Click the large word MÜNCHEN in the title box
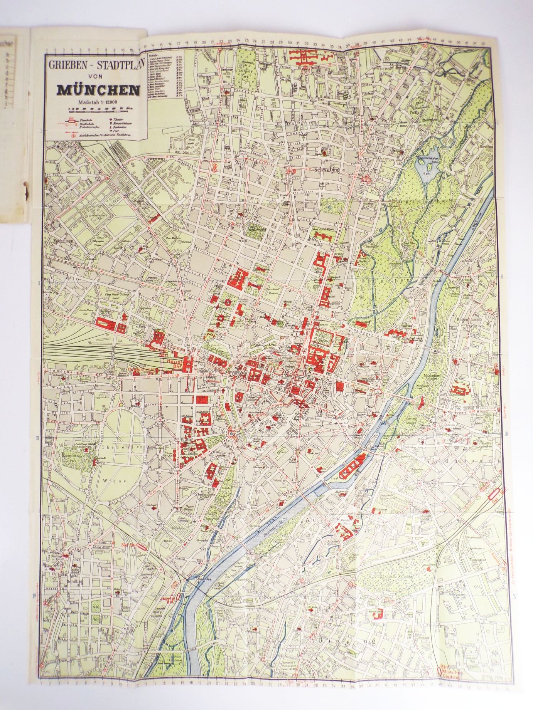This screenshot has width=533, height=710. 98,89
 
